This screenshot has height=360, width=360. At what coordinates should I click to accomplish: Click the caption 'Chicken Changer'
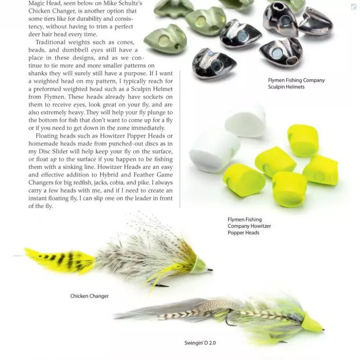pos(90,296)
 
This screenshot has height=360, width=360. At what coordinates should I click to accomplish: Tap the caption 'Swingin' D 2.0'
pos(200,343)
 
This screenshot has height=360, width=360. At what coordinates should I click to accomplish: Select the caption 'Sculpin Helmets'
pos(286,87)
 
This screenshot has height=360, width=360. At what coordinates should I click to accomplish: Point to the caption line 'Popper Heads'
pos(243,233)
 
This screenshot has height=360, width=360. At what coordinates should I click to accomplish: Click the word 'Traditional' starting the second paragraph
pos(51,43)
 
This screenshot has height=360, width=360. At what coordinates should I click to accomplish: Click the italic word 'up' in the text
pos(53,159)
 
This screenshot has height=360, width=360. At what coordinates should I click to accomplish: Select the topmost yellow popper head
pos(303,140)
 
